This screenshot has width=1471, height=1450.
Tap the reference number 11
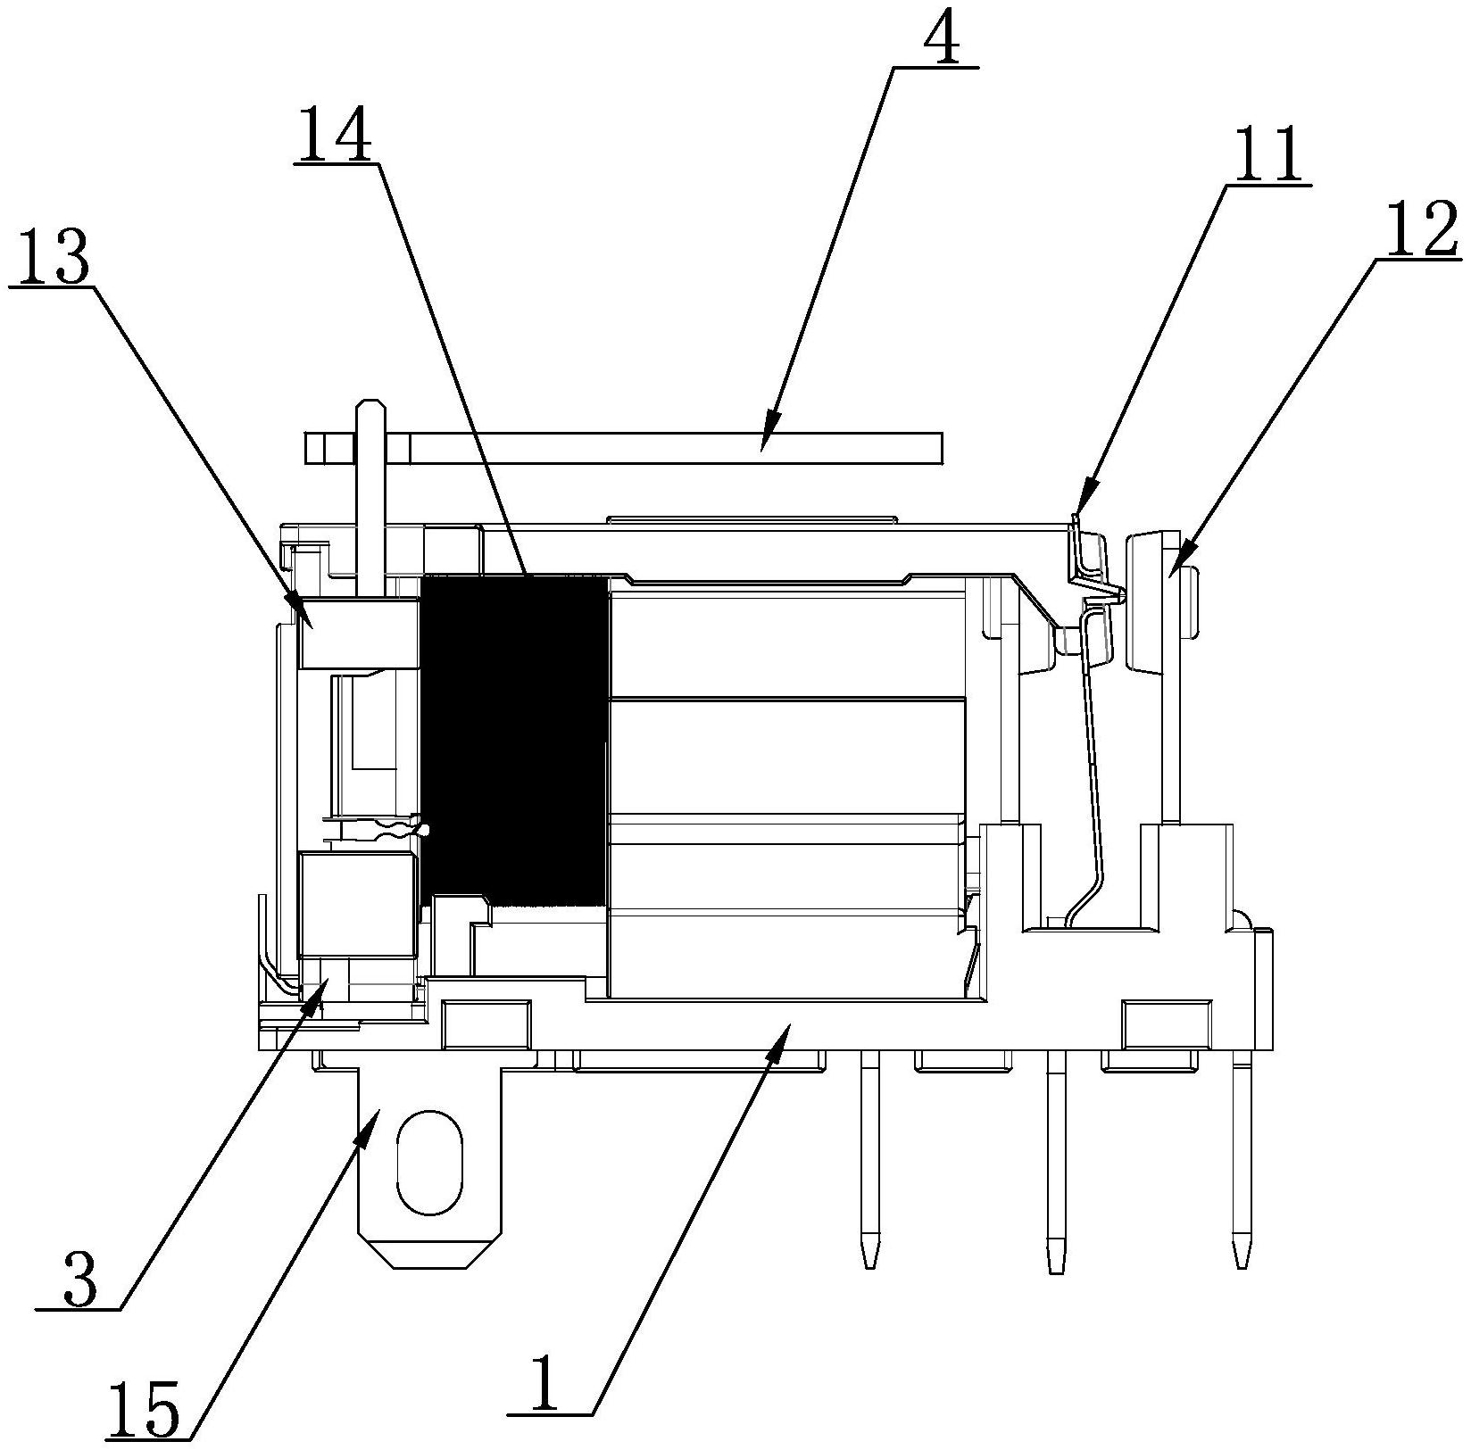tap(1267, 154)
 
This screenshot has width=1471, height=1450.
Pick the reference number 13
tap(50, 256)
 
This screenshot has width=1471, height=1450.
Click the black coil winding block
tap(512, 741)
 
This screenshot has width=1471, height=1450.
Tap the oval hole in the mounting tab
tap(428, 1163)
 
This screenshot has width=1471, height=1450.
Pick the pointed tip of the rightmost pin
tap(1241, 1264)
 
